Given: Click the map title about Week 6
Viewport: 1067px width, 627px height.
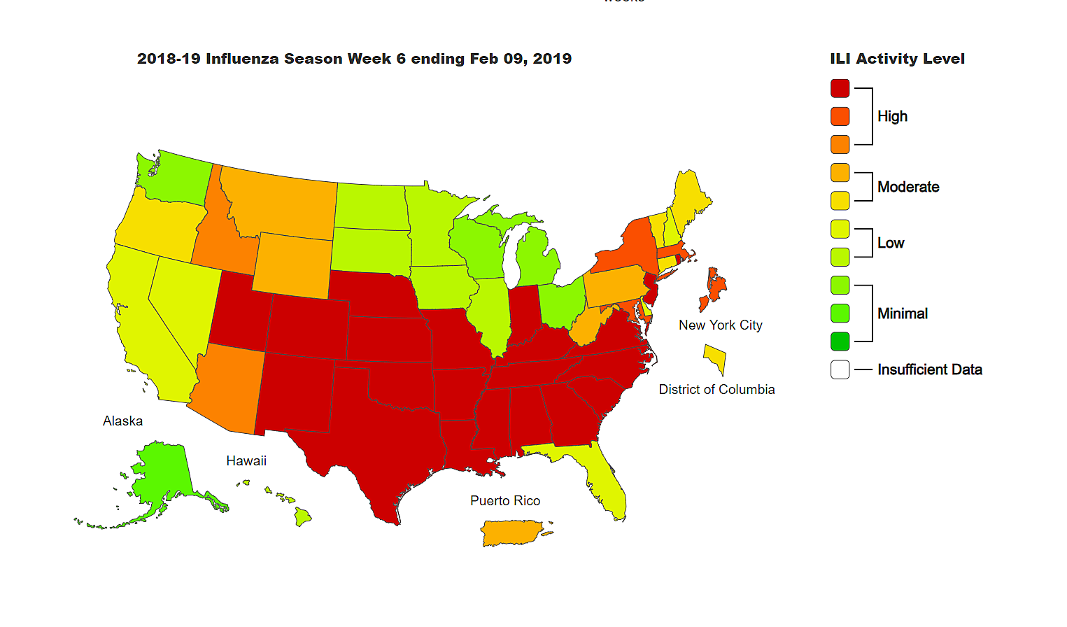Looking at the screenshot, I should point(354,59).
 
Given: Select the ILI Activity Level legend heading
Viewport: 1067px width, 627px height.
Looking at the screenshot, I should point(897,59).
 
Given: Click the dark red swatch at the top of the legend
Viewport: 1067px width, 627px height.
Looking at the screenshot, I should point(840,88).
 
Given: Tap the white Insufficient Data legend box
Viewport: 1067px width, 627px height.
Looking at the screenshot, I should point(840,369).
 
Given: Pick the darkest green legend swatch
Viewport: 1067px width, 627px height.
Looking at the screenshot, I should point(840,341).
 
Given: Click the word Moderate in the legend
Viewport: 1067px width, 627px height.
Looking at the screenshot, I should point(908,187).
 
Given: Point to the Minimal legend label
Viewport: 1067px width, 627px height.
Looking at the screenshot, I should point(903,313).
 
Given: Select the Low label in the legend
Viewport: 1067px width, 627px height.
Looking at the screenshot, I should point(891,243).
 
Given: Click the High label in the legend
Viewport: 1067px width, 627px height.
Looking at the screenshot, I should point(892,116).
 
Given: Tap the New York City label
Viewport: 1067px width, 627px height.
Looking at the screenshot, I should point(720,325).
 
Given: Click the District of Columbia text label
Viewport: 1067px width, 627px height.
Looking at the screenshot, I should point(716,389).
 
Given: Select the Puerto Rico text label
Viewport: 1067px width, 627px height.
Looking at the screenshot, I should point(504,500).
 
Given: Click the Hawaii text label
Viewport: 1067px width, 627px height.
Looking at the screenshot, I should point(246,460).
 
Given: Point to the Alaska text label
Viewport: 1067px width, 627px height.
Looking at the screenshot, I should point(122,421).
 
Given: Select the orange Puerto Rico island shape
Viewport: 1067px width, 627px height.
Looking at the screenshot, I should point(511,533).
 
